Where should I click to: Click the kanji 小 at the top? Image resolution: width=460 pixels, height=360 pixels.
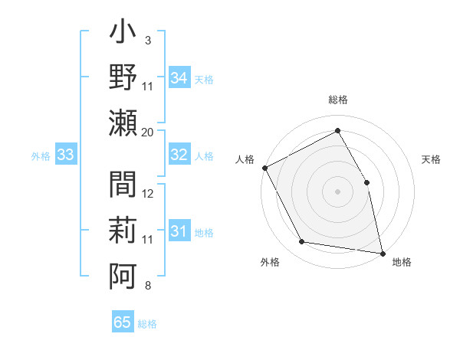[x=123, y=35]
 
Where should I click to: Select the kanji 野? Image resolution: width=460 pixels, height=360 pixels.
[x=123, y=78]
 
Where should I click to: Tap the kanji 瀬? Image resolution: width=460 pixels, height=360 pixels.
[x=123, y=122]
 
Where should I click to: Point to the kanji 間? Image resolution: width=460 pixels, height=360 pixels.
[x=123, y=185]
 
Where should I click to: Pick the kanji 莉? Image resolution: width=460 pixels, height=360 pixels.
[x=123, y=228]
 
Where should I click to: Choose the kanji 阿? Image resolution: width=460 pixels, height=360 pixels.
[x=123, y=273]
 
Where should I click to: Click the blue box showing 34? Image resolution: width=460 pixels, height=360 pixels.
[x=179, y=78]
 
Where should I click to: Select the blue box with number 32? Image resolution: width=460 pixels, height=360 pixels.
[x=179, y=155]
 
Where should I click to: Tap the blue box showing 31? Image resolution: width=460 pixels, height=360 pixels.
[x=179, y=231]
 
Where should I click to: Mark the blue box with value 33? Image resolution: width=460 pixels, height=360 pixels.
[x=66, y=155]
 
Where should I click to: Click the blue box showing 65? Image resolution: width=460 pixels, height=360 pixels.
[x=123, y=322]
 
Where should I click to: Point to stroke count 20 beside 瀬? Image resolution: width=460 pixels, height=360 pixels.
[x=148, y=132]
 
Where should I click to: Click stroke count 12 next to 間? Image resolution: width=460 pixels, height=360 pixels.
[x=148, y=194]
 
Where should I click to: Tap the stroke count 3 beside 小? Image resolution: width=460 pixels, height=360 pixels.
[x=148, y=39]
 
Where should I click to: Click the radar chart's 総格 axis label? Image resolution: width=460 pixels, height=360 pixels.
[x=337, y=100]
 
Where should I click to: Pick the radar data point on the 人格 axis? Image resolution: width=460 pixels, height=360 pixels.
[x=264, y=168]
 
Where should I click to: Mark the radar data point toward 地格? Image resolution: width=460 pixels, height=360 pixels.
[x=382, y=252]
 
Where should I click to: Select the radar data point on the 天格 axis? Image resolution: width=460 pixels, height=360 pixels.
[x=366, y=182]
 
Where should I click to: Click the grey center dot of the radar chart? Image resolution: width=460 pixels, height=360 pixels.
[x=337, y=191]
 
